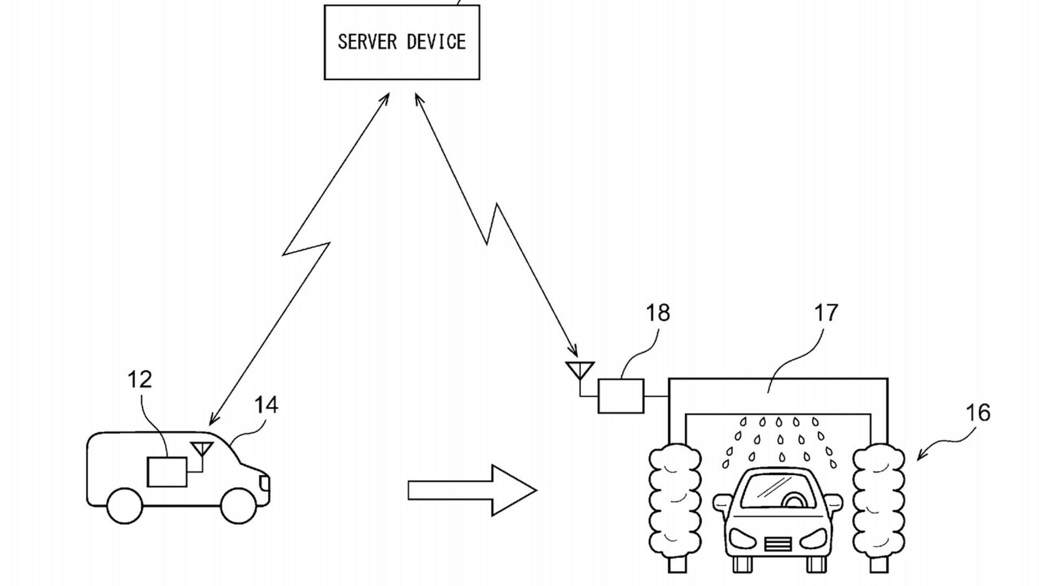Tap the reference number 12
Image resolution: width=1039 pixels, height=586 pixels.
140,380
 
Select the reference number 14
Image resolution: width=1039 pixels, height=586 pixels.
266,405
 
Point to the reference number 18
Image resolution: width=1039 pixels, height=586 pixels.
657,313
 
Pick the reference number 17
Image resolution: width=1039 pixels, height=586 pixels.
826,313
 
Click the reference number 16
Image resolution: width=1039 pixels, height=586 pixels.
977,413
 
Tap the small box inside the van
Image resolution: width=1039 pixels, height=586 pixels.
167,471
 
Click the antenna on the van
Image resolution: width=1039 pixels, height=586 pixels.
201,449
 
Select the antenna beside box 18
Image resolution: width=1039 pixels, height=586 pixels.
580,370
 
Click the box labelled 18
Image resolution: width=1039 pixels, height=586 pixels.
621,396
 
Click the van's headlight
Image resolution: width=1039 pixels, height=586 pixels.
265,481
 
